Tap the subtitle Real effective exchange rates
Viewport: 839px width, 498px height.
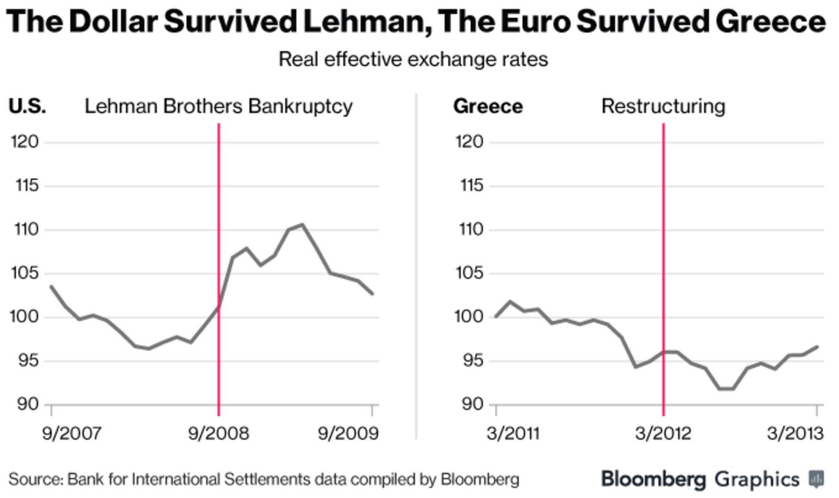(x=413, y=59)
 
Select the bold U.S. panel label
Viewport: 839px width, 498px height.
(x=27, y=107)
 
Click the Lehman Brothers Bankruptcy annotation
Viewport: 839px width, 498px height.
(x=218, y=107)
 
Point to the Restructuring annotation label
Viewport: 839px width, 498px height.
(x=663, y=107)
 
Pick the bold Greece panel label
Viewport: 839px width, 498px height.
(x=488, y=107)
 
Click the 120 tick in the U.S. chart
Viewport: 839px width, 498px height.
(x=25, y=142)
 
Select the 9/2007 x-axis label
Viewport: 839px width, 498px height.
(x=71, y=433)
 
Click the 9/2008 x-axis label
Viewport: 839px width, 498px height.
(x=218, y=433)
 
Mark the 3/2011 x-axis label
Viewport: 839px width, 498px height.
(x=513, y=433)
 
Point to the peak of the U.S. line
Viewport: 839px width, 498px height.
(x=302, y=225)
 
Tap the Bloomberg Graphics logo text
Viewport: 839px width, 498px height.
(x=700, y=478)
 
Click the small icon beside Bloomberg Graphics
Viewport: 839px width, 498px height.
(x=816, y=478)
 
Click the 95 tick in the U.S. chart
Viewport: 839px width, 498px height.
(x=27, y=361)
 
